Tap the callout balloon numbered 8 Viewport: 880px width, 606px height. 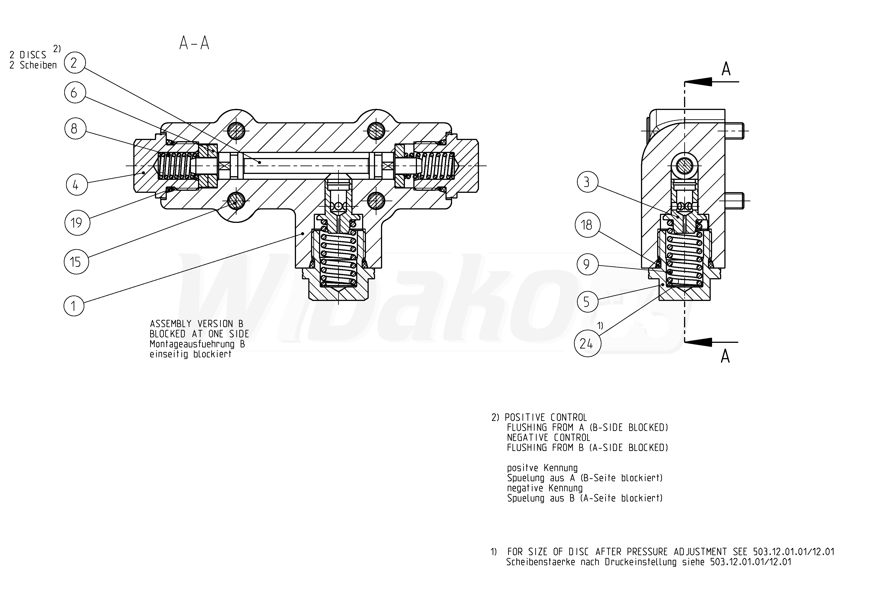(x=75, y=128)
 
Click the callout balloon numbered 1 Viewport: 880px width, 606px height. (x=74, y=306)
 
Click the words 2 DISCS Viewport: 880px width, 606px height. (x=28, y=55)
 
